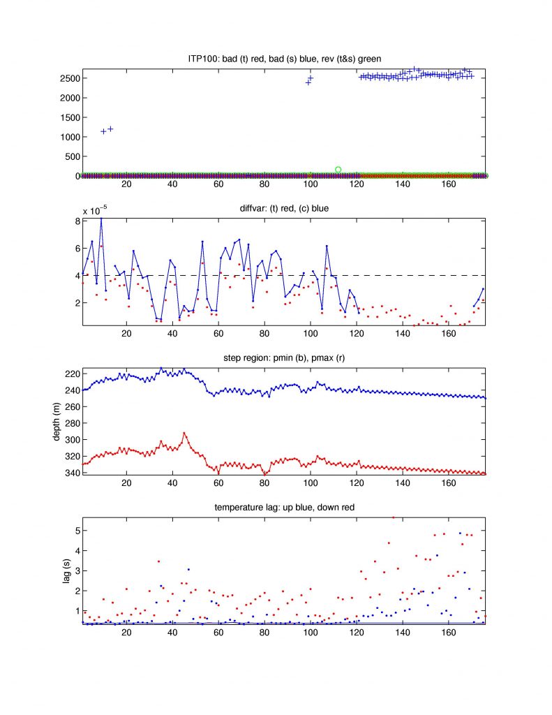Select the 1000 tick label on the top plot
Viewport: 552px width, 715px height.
[68, 137]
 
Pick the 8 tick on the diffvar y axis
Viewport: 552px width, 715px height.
[75, 221]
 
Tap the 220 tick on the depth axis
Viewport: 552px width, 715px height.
[71, 374]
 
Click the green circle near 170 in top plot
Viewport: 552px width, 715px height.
[338, 169]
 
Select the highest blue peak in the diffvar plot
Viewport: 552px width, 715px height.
[101, 219]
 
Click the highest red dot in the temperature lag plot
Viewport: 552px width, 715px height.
[394, 517]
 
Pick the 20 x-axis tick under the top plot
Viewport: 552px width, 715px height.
[126, 185]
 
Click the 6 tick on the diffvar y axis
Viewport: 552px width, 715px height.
[75, 249]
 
